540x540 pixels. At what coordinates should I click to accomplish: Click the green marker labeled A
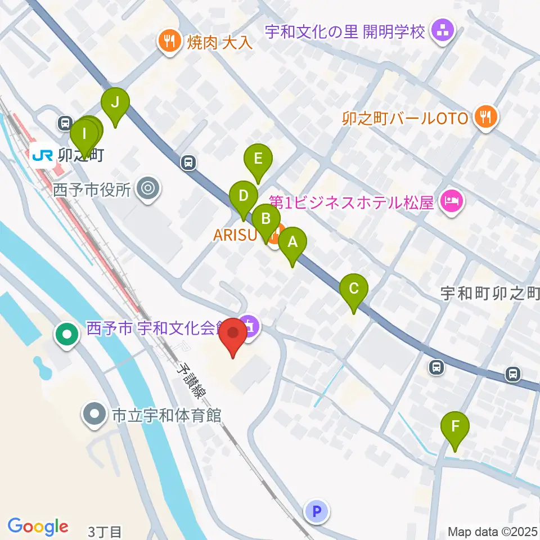click(x=292, y=243)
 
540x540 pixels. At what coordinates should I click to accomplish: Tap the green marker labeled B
click(x=266, y=219)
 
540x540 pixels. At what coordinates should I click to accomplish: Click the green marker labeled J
click(x=115, y=103)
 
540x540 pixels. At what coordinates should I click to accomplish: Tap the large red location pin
click(x=233, y=333)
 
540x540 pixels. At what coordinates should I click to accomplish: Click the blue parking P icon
click(x=316, y=511)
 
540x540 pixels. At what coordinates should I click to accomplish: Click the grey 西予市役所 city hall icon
click(x=148, y=188)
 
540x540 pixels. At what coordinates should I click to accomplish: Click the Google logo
click(x=38, y=526)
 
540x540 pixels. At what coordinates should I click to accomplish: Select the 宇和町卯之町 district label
click(x=489, y=292)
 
